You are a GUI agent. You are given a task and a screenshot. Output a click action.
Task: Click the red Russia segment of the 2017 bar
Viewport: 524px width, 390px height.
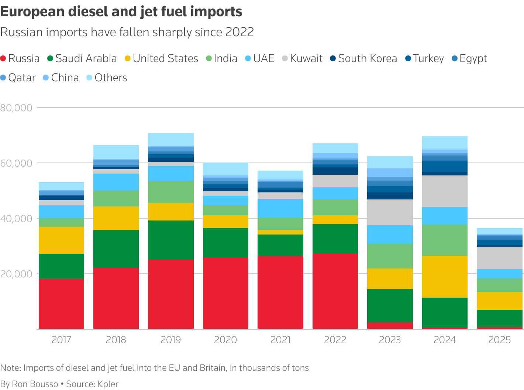tap(61, 304)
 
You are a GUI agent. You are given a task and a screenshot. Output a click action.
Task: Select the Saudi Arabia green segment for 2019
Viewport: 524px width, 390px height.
tap(171, 240)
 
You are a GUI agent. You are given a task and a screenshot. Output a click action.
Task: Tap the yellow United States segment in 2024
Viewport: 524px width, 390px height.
tap(445, 277)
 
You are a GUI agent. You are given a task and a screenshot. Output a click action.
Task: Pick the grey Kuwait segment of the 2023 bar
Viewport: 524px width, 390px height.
tap(390, 212)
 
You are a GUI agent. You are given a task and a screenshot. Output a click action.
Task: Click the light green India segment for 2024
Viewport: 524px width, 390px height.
tap(445, 240)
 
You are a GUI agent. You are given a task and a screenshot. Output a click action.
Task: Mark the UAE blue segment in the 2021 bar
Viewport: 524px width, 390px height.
tap(280, 208)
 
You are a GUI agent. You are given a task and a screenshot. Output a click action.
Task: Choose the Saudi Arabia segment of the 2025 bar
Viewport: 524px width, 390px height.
tap(500, 318)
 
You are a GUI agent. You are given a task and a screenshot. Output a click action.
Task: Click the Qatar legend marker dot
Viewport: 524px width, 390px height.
tap(4, 78)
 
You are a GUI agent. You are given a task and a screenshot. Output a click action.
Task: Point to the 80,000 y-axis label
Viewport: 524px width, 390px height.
tap(17, 108)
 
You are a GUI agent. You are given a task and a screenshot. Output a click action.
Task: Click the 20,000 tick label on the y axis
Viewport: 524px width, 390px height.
tap(17, 274)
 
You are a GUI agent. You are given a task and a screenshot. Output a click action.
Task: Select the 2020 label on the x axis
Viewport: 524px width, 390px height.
tap(225, 340)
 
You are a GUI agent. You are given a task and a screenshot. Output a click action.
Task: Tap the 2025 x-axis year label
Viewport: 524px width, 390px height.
tap(500, 340)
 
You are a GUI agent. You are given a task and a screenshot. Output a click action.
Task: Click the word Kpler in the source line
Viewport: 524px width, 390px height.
tap(108, 384)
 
